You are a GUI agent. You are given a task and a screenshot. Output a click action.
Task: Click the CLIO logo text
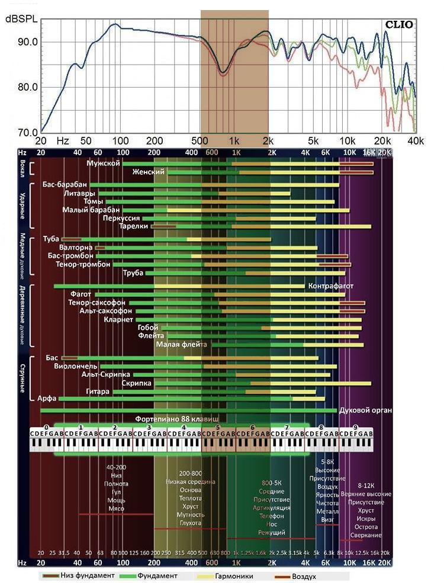[399, 25]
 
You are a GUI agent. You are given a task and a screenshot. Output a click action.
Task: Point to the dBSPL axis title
[21, 20]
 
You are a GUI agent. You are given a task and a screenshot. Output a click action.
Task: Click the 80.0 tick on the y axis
[27, 87]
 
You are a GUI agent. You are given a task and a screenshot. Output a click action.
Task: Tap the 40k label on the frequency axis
[416, 141]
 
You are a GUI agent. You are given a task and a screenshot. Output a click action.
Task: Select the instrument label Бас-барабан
[65, 185]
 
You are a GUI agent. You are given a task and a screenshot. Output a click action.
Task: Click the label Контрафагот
[331, 286]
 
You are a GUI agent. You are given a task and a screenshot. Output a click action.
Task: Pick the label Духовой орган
[366, 410]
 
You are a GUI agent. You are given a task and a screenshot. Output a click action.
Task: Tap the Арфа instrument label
[47, 398]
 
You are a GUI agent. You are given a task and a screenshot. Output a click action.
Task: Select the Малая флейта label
[182, 344]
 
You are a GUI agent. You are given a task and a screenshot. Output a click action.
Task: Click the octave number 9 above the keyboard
[356, 427]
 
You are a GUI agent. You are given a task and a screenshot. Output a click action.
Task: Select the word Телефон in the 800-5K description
[271, 516]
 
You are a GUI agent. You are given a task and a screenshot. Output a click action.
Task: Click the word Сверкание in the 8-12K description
[365, 535]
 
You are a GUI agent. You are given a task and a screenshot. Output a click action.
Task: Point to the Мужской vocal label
[103, 163]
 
